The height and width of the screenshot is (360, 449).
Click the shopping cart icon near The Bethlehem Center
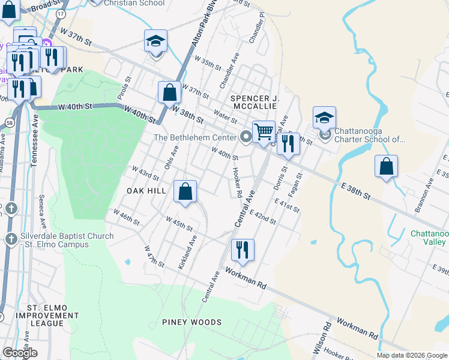pyautogui.click(x=264, y=132)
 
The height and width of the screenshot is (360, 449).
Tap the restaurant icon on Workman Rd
pyautogui.click(x=243, y=250)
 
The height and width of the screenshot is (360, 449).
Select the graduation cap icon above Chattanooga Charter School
pyautogui.click(x=324, y=118)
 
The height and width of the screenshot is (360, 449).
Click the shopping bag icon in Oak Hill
pyautogui.click(x=185, y=191)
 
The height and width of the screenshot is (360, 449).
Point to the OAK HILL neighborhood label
pyautogui.click(x=146, y=190)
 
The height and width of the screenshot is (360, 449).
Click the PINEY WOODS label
pyautogui.click(x=192, y=322)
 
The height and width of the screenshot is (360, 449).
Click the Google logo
pyautogui.click(x=20, y=353)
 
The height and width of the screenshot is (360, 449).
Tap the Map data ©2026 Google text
pyautogui.click(x=411, y=355)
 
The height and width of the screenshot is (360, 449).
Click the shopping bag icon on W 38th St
pyautogui.click(x=169, y=93)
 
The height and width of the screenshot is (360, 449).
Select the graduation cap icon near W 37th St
pyautogui.click(x=155, y=41)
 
